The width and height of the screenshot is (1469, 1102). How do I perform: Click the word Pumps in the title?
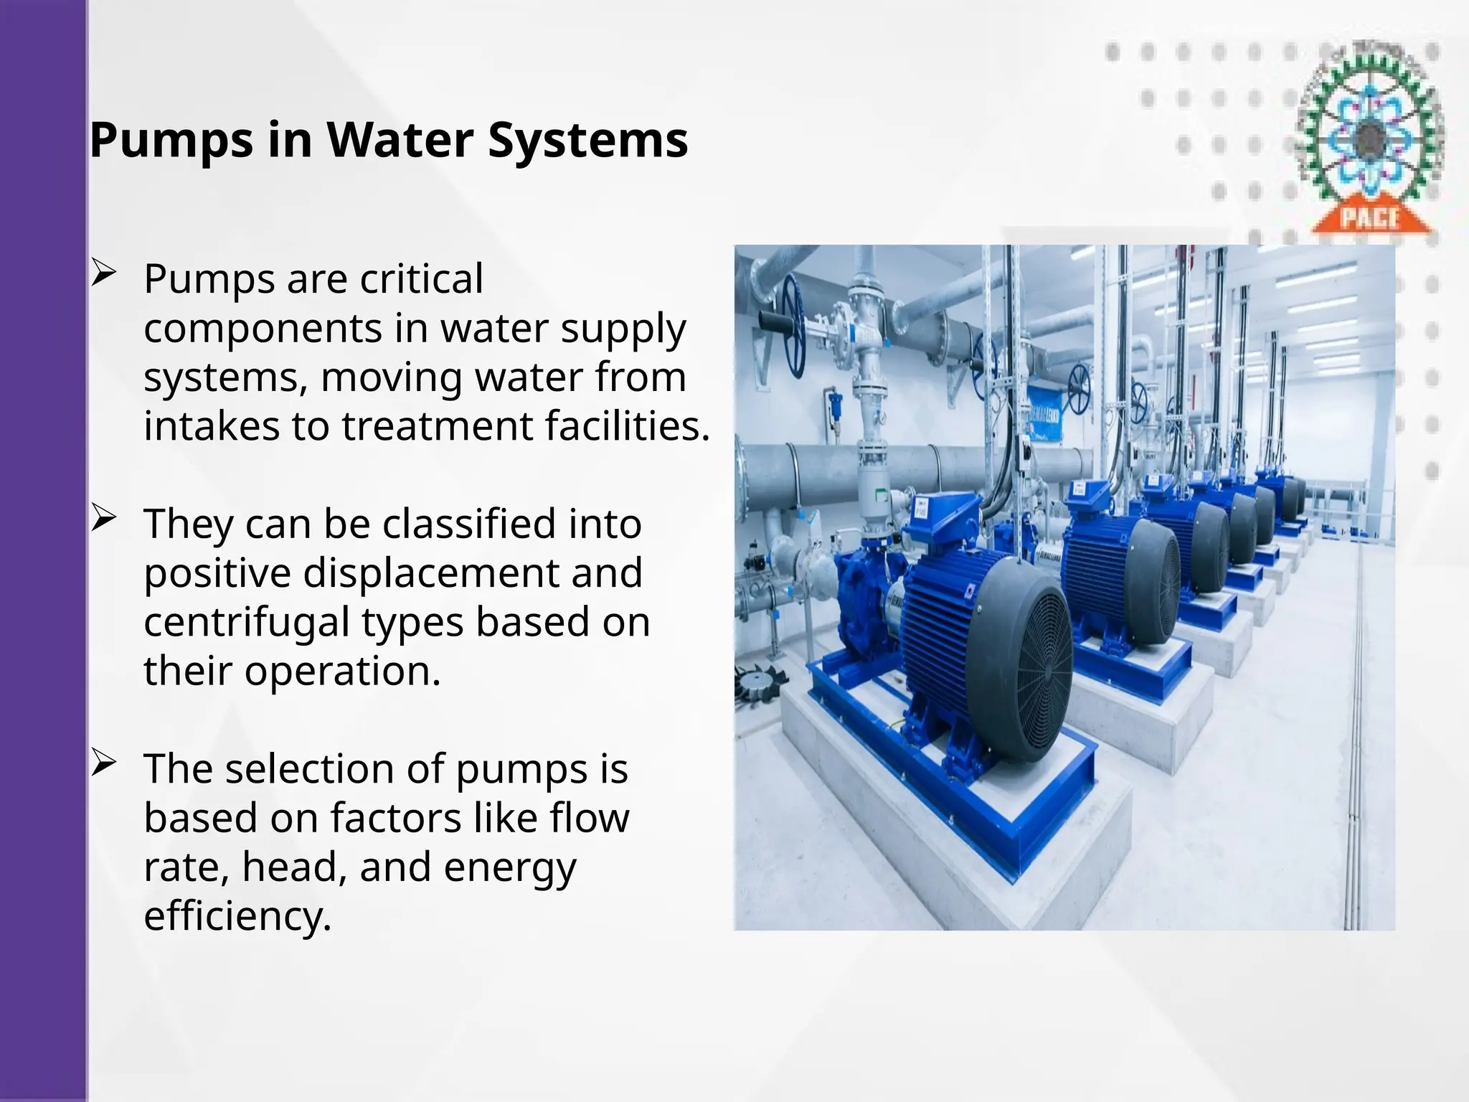coord(171,141)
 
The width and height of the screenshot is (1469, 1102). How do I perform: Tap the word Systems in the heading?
coord(587,141)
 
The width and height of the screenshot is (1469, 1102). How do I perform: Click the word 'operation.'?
coord(342,672)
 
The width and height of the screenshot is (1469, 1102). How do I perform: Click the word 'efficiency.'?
coord(237,916)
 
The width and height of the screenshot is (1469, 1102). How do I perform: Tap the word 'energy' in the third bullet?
coord(509,867)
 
